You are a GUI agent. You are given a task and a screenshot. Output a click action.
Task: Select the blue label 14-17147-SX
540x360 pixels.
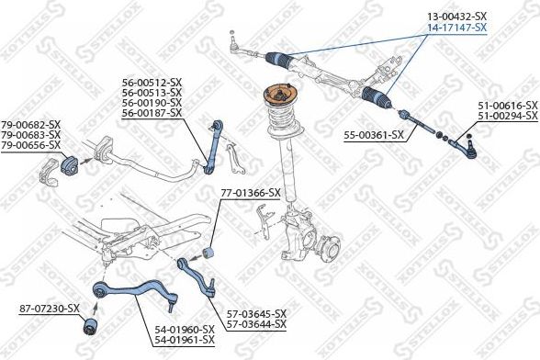(x=456, y=28)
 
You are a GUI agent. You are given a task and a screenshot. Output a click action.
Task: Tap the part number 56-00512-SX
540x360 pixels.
(x=152, y=82)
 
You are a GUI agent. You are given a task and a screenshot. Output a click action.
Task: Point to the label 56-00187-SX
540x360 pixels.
(x=152, y=112)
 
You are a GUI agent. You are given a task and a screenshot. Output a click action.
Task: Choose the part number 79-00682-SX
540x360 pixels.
(x=30, y=125)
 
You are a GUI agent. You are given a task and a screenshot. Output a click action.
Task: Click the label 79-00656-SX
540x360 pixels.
(x=30, y=145)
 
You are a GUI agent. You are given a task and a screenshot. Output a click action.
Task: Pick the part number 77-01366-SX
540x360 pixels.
(x=249, y=193)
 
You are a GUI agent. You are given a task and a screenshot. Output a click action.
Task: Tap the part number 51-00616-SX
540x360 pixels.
(x=507, y=107)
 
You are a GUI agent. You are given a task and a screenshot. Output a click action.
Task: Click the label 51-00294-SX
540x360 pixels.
(x=507, y=118)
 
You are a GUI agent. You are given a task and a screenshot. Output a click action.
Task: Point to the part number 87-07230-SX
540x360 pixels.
(x=50, y=309)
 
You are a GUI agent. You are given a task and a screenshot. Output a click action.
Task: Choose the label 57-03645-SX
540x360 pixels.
(x=256, y=313)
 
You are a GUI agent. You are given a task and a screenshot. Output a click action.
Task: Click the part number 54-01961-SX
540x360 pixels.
(x=184, y=340)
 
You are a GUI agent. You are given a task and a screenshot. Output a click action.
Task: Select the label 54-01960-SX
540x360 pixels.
(x=184, y=329)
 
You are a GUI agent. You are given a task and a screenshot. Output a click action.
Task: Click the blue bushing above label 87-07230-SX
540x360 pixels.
(x=90, y=326)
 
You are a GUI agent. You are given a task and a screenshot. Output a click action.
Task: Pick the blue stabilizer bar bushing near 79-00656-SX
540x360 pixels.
(x=72, y=165)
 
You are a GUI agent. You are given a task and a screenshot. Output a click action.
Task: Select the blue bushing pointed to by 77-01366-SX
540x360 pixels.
(x=208, y=250)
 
